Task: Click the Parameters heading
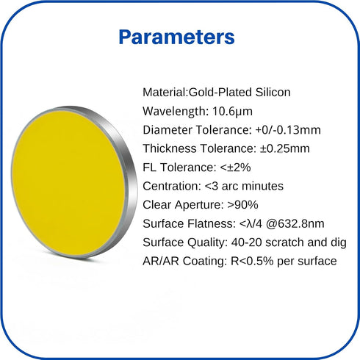click(176, 37)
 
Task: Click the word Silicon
click(273, 93)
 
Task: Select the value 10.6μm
click(232, 112)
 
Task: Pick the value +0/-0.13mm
click(288, 130)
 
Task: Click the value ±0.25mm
click(285, 148)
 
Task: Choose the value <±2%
click(235, 168)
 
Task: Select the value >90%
click(242, 205)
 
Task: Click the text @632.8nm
click(295, 224)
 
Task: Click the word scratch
click(284, 242)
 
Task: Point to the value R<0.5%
click(252, 261)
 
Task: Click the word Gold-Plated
click(220, 93)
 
